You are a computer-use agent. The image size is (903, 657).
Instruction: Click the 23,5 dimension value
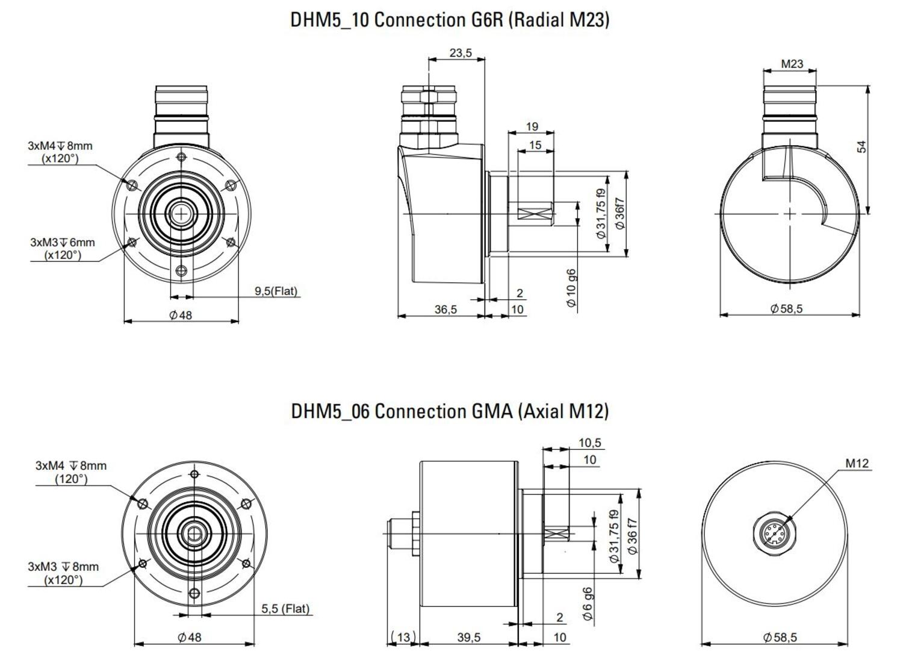[461, 53]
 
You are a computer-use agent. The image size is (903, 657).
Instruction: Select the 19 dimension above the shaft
[532, 126]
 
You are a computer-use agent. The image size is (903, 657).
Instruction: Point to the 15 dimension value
[535, 145]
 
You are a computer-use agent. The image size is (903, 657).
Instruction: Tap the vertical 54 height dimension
[861, 147]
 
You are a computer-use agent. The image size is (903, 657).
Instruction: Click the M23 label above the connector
[792, 64]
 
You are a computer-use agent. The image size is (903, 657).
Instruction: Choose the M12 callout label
[857, 463]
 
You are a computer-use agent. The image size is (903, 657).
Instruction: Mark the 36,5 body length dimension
[445, 310]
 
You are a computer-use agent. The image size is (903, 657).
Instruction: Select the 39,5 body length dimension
[468, 637]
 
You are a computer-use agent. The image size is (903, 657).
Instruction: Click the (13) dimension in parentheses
[403, 637]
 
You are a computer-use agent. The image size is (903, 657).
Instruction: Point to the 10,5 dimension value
[589, 443]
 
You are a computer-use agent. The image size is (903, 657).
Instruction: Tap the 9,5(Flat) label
[276, 291]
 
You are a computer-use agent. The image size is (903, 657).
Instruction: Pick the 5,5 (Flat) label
[285, 609]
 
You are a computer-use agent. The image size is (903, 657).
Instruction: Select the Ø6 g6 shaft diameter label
[588, 604]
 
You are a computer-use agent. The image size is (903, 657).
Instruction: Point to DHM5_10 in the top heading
[329, 20]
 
